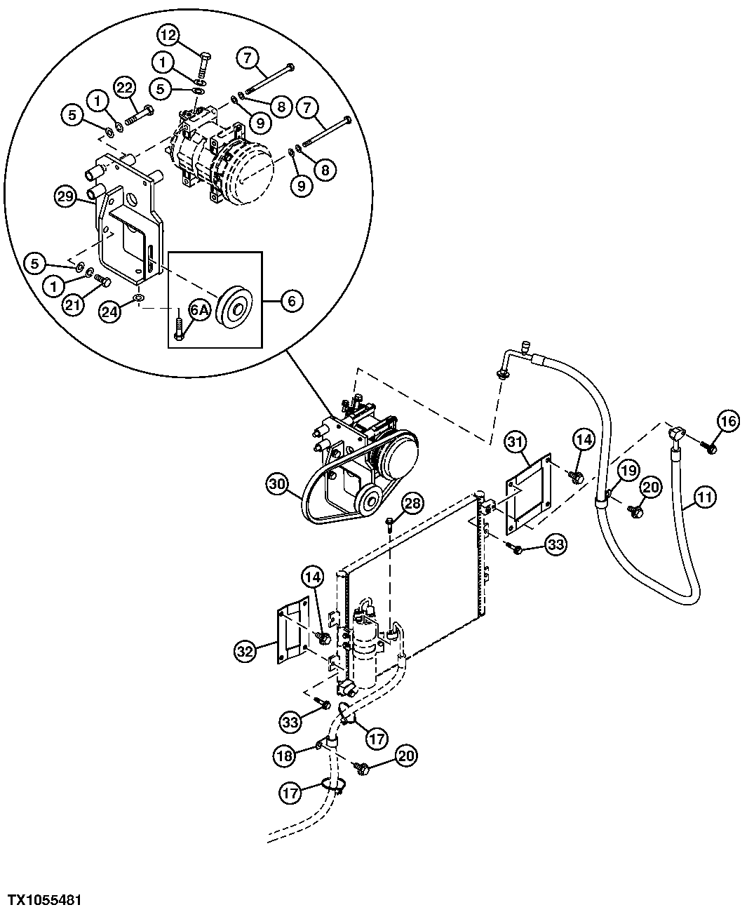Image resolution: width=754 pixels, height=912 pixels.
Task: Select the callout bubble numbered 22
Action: coord(124,88)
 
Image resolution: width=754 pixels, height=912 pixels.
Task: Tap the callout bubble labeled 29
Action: coord(65,197)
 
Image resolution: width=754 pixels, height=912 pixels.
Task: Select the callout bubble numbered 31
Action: coord(516,443)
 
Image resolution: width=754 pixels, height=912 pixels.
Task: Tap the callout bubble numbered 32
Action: coord(243,651)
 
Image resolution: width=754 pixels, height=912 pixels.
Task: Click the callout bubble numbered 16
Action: coord(729,421)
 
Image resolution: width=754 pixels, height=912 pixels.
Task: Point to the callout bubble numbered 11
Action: coord(706,499)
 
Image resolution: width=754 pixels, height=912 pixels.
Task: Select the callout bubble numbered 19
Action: coord(628,469)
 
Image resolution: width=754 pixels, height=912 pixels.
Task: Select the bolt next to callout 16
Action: coord(709,447)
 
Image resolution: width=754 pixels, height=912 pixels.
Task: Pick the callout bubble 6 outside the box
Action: coord(292,301)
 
